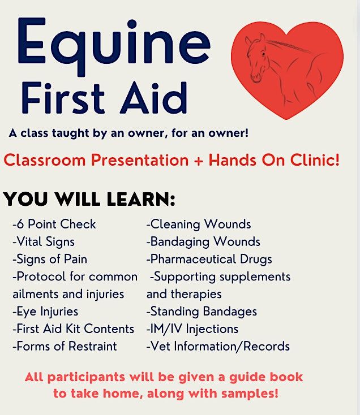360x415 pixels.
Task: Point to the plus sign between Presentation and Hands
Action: coord(199,160)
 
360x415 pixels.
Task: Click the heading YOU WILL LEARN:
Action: coord(89,199)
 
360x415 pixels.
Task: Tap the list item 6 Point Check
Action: coord(54,224)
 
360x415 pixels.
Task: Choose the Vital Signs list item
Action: coord(44,241)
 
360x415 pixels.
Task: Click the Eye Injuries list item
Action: coord(45,312)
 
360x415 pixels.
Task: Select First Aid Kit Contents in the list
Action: coord(74,328)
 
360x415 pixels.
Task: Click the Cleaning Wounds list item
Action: coord(199,224)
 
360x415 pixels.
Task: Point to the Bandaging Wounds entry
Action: coord(203,241)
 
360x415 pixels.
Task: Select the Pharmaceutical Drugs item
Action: coord(209,259)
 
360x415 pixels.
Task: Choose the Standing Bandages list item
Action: coord(202,312)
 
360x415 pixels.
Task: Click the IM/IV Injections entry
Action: coord(192,328)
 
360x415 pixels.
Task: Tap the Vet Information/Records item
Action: coord(218,346)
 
